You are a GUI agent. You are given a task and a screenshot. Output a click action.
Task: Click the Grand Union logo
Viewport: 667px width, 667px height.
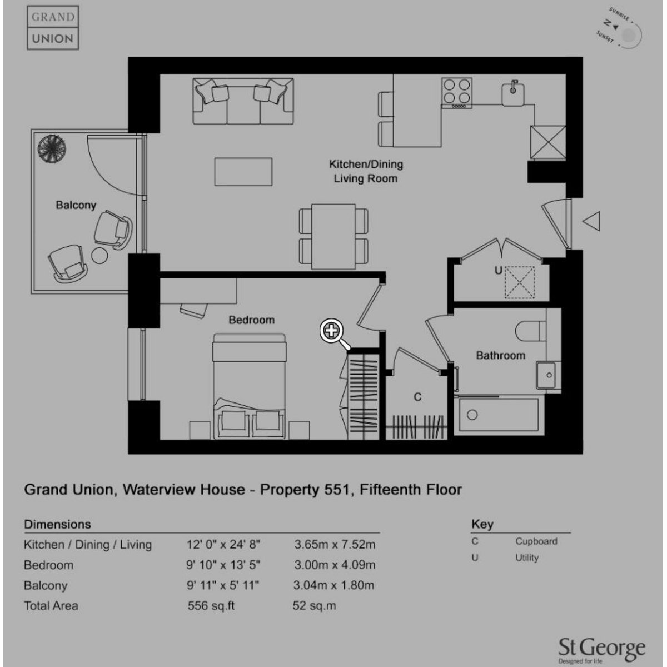point(53,28)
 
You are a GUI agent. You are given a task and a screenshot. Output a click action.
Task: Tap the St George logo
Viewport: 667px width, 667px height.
point(602,649)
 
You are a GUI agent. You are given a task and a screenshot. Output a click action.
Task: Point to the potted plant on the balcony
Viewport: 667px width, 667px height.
point(52,148)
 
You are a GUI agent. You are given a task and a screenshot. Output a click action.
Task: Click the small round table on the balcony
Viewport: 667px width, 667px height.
point(99,256)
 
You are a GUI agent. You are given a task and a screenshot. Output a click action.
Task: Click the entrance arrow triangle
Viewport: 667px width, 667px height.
point(591,221)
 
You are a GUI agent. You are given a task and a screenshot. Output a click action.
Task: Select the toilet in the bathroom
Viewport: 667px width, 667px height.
point(531,331)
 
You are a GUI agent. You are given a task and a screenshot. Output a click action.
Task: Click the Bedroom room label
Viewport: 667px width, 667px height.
point(252,320)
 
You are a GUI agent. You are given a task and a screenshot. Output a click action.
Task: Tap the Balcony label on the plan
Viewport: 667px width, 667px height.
point(76,205)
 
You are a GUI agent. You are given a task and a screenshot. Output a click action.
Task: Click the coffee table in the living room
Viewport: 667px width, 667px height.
point(243,172)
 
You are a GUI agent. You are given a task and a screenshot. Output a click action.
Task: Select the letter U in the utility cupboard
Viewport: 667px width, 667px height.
point(498,270)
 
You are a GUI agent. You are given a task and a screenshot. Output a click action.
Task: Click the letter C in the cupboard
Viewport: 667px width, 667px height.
point(418,397)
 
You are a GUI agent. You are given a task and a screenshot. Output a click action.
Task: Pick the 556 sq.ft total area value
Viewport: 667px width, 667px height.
point(211,606)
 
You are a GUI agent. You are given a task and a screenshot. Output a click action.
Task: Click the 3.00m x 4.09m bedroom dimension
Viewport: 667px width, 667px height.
point(335,565)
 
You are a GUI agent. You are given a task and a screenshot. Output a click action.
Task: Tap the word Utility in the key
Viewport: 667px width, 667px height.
point(527,558)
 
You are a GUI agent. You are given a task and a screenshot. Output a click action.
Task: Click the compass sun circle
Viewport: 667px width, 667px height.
point(629,34)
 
